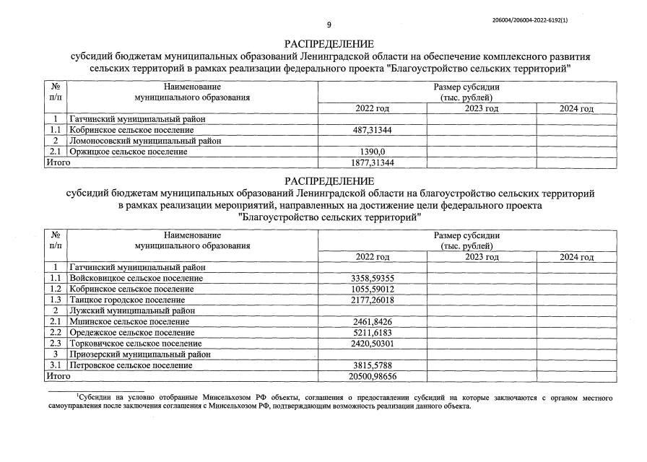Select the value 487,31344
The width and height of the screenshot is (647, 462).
point(373,130)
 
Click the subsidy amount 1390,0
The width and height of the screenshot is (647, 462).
point(373,152)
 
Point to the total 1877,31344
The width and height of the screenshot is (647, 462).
point(373,163)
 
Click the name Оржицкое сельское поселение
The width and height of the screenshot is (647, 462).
point(128,152)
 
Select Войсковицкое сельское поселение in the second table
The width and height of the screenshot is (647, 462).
point(136,278)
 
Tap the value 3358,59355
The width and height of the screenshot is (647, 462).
point(373,278)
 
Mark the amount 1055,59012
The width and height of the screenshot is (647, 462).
point(373,289)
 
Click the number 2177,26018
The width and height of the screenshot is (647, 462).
point(373,300)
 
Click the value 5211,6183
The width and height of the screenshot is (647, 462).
point(373,333)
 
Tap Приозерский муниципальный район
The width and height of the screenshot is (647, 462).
point(139,354)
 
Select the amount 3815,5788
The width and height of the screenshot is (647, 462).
point(373,366)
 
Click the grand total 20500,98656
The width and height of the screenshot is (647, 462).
point(373,377)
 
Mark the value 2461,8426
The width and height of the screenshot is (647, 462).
point(373,321)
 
